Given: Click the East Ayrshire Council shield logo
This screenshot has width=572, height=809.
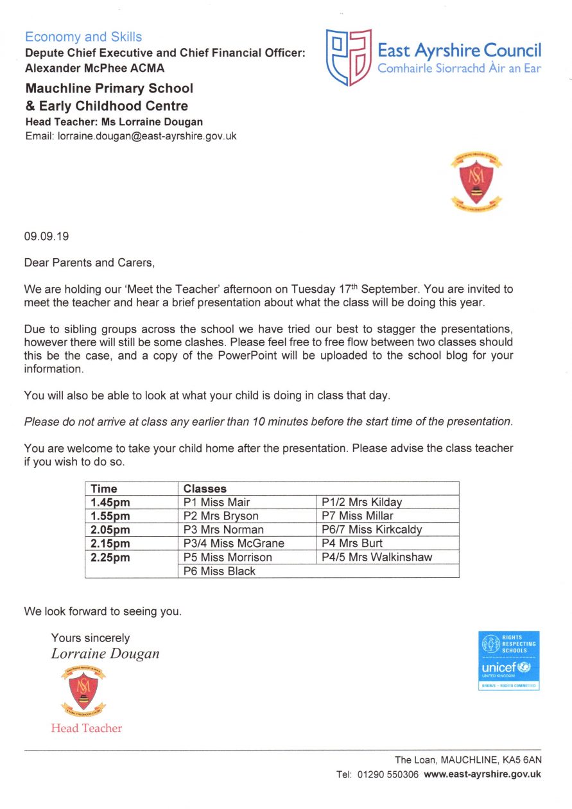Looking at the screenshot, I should pyautogui.click(x=349, y=57).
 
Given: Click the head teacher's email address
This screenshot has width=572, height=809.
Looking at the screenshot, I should pyautogui.click(x=147, y=136).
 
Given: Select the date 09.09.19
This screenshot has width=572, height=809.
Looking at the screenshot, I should pyautogui.click(x=46, y=236).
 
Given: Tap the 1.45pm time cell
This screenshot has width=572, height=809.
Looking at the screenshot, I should pyautogui.click(x=110, y=502).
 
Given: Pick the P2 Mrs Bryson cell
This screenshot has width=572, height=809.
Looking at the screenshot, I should pyautogui.click(x=221, y=516).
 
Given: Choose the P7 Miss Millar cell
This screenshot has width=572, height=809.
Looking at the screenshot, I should pyautogui.click(x=358, y=516).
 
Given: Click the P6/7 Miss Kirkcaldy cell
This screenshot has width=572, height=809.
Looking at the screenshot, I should pyautogui.click(x=372, y=530).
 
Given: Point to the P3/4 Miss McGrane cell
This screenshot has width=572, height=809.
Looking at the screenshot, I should pyautogui.click(x=234, y=543).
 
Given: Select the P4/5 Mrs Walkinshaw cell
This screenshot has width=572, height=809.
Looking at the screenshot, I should pyautogui.click(x=377, y=557).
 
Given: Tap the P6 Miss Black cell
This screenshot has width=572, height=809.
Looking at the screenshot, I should pyautogui.click(x=220, y=571).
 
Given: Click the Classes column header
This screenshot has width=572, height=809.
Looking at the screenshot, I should pyautogui.click(x=205, y=489).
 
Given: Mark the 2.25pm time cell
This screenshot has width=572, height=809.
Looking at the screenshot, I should pyautogui.click(x=110, y=557).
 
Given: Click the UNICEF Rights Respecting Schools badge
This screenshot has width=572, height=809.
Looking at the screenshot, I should pyautogui.click(x=509, y=661).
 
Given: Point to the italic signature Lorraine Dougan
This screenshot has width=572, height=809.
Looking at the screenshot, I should pyautogui.click(x=105, y=654).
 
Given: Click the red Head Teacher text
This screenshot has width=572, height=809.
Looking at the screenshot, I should pyautogui.click(x=86, y=728).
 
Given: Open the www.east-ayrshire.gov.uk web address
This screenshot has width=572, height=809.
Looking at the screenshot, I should pyautogui.click(x=482, y=774).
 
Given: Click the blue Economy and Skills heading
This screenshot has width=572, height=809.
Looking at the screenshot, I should pyautogui.click(x=83, y=37).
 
